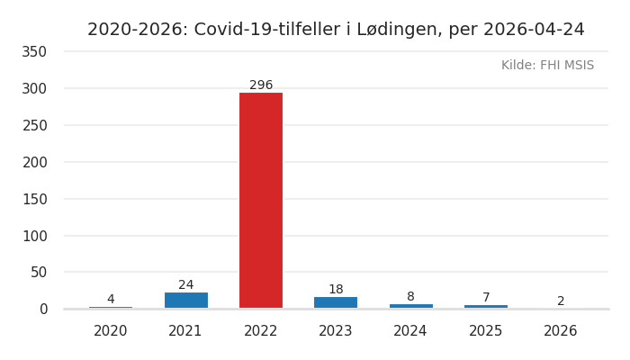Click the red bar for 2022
[x=261, y=200]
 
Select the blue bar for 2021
[x=186, y=300]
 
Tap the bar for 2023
[x=336, y=302]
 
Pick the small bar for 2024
[x=410, y=306]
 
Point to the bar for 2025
[x=486, y=306]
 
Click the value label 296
[x=261, y=85]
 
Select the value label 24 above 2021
[x=186, y=285]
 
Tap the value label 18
[x=336, y=290]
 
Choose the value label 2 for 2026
[x=561, y=301]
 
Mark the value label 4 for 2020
[x=111, y=300]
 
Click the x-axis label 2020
[x=111, y=331]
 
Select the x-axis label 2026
[x=561, y=331]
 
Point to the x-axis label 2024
[x=410, y=331]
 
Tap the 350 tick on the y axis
[x=34, y=51]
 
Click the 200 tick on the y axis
[x=34, y=162]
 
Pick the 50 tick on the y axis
[x=38, y=272]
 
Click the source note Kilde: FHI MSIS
[x=547, y=66]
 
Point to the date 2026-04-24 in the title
[x=534, y=30]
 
